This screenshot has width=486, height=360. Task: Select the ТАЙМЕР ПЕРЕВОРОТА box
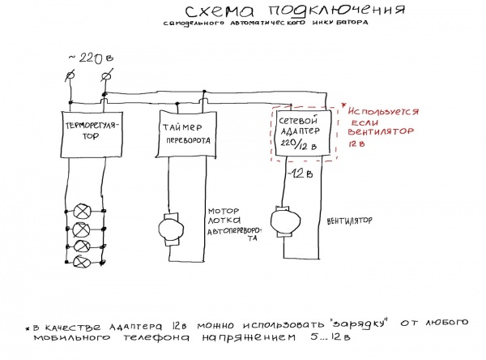[x=183, y=133]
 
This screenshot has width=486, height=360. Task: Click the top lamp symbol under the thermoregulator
[x=81, y=209]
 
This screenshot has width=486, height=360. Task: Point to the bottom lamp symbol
[x=81, y=261]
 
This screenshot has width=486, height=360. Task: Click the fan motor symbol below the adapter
[x=283, y=219]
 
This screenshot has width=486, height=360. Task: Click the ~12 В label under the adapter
[x=300, y=174]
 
